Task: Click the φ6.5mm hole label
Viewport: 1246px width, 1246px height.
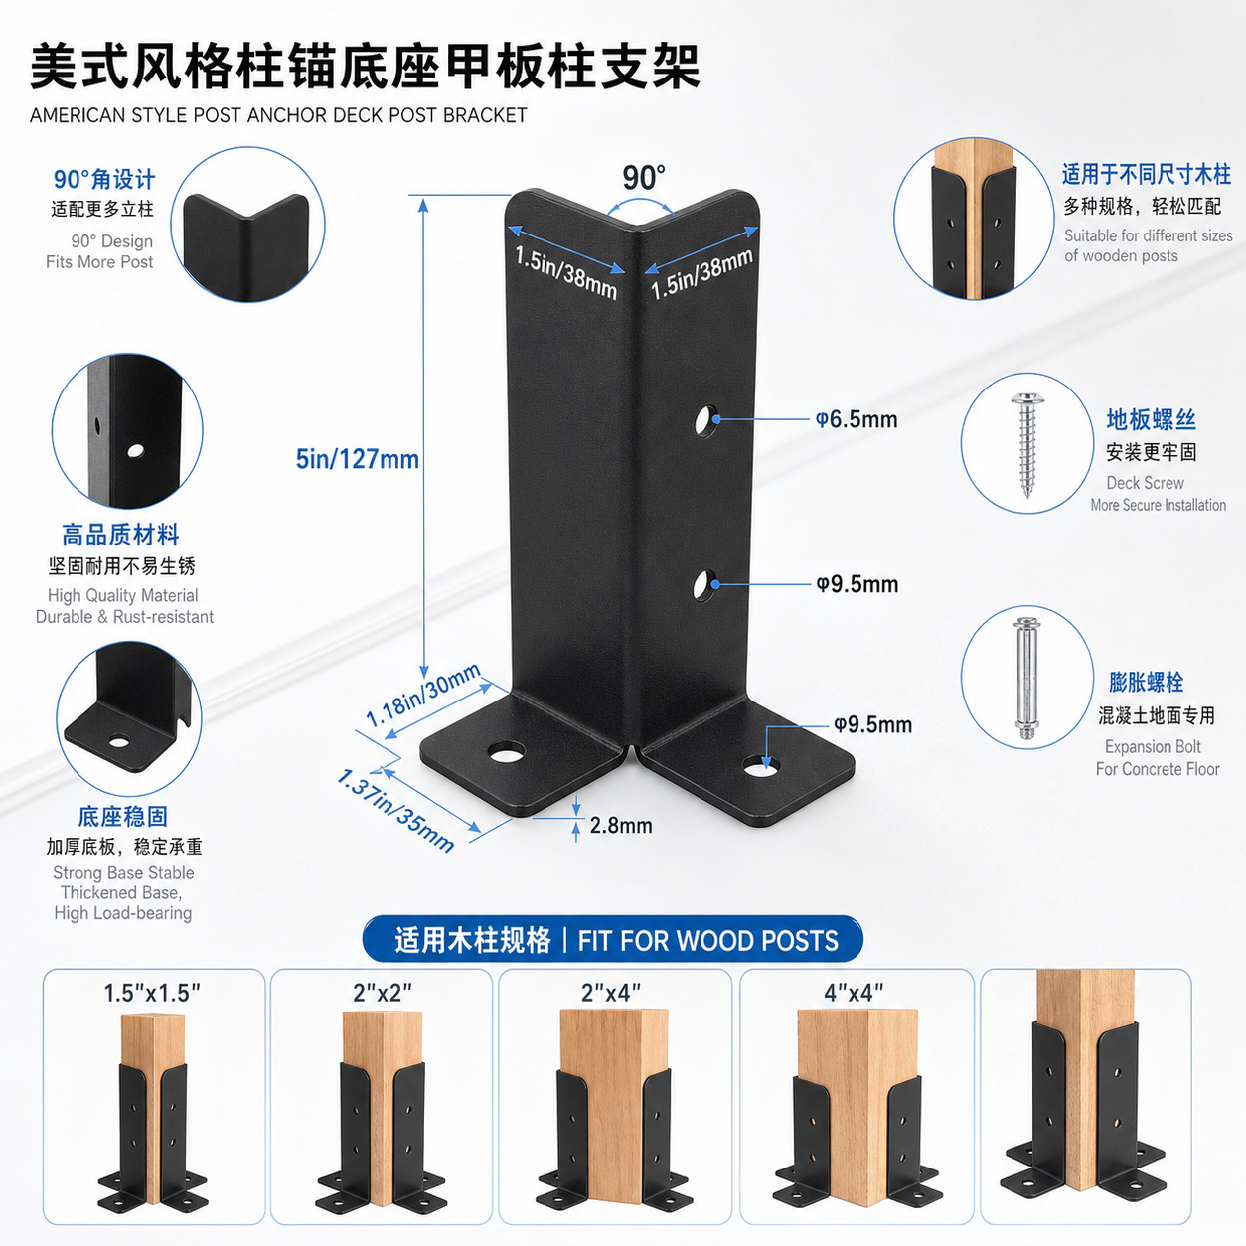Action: (857, 419)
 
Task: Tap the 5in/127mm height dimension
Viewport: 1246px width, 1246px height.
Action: (358, 459)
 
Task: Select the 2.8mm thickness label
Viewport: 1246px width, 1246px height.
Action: (621, 825)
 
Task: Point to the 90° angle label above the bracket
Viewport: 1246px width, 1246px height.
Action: (643, 178)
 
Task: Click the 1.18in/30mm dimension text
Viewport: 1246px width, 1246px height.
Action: (423, 695)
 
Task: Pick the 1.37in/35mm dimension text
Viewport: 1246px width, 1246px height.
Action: (395, 810)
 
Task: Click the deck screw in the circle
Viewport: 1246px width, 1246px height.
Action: (1026, 445)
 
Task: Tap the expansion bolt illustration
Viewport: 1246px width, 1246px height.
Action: (1026, 679)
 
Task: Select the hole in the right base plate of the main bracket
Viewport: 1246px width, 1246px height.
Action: (760, 766)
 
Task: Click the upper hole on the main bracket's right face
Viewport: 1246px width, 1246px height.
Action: (706, 421)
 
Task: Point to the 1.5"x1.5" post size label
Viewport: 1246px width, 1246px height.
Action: (153, 993)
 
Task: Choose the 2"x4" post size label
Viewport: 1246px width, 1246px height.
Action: (611, 992)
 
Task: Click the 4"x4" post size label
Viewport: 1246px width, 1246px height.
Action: (854, 992)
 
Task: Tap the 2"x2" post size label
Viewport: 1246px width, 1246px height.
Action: (383, 992)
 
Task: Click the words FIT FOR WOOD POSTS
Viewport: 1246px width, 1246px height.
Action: (708, 941)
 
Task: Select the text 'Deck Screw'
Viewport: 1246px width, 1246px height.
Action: (1145, 482)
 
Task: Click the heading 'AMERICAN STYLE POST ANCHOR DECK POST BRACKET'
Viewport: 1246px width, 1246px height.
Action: (278, 115)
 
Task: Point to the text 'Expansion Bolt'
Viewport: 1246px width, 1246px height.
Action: (1153, 747)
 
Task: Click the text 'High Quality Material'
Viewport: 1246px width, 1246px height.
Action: (123, 595)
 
